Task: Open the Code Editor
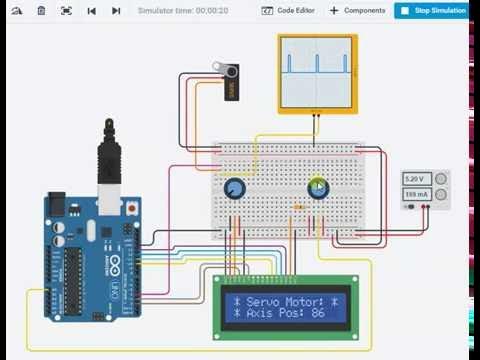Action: click(288, 10)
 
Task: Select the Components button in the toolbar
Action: click(357, 10)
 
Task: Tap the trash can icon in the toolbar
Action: click(41, 10)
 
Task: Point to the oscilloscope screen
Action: click(316, 71)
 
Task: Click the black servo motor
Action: click(228, 82)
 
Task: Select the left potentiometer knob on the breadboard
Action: click(234, 189)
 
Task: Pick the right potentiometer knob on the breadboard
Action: click(318, 188)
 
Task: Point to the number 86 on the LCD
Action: click(318, 313)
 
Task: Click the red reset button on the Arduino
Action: click(132, 207)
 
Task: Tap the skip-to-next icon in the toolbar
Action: click(116, 10)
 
